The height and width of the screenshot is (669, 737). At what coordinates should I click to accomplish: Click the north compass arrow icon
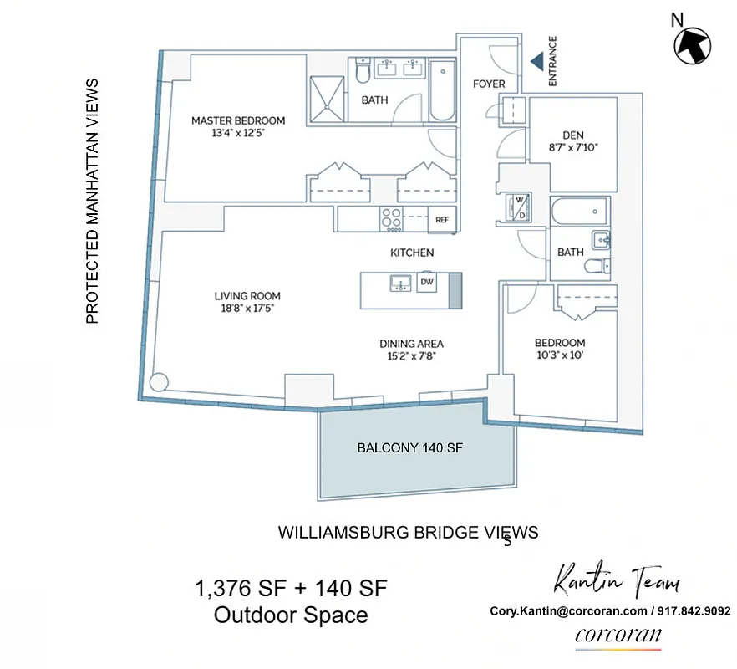[694, 43]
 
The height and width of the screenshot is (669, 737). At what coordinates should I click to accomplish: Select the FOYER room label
[489, 84]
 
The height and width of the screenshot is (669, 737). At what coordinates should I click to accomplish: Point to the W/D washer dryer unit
[516, 206]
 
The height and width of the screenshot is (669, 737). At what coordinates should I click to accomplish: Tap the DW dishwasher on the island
[427, 283]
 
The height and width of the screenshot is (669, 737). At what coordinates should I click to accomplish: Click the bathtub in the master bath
[442, 91]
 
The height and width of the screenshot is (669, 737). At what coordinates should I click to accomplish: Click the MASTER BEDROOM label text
[238, 120]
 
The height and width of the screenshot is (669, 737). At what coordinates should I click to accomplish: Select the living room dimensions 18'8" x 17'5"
[247, 308]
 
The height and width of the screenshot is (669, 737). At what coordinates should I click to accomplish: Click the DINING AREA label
[411, 344]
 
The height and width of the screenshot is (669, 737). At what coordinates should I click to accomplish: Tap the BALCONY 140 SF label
[409, 448]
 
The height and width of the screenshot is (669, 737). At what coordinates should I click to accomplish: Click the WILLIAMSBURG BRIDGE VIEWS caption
[408, 532]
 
